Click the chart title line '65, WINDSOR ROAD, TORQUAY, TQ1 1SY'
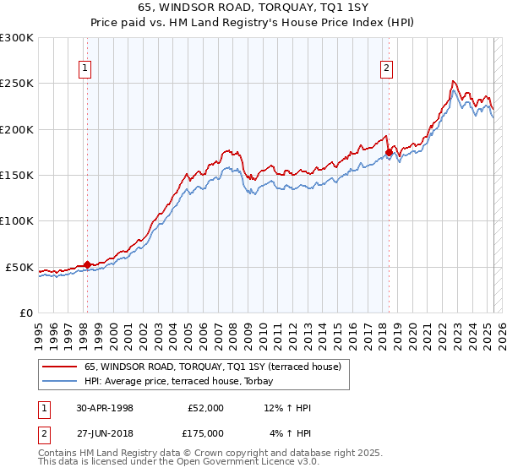click(x=253, y=8)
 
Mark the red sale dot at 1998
click(x=87, y=265)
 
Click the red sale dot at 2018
click(x=389, y=153)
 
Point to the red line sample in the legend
click(x=59, y=367)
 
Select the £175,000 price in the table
click(x=205, y=432)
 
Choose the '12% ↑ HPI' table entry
click(x=287, y=408)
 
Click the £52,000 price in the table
click(x=205, y=408)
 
